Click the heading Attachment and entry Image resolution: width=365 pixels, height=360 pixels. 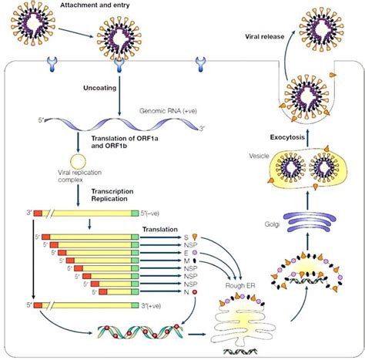click(x=96, y=6)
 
